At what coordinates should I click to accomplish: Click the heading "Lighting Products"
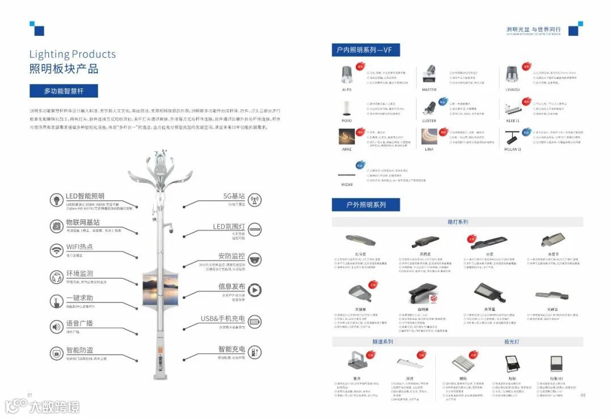click(x=73, y=54)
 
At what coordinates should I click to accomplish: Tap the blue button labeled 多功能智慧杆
click(x=64, y=91)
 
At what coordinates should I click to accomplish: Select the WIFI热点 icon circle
click(x=57, y=250)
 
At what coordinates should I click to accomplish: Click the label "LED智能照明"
click(x=85, y=196)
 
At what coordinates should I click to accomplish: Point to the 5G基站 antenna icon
click(x=255, y=200)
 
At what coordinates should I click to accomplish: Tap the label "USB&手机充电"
click(x=222, y=319)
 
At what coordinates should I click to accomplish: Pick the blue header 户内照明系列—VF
click(x=366, y=50)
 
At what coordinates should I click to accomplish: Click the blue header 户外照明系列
click(x=366, y=205)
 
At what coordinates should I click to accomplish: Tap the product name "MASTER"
click(x=429, y=90)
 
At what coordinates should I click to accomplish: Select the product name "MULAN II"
click(x=513, y=149)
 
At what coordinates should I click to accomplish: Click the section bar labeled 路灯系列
click(x=457, y=222)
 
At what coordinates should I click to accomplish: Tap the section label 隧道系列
click(x=383, y=342)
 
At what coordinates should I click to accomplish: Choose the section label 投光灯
click(x=511, y=342)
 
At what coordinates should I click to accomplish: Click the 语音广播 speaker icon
click(x=57, y=327)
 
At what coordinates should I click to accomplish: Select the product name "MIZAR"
click(x=347, y=184)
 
